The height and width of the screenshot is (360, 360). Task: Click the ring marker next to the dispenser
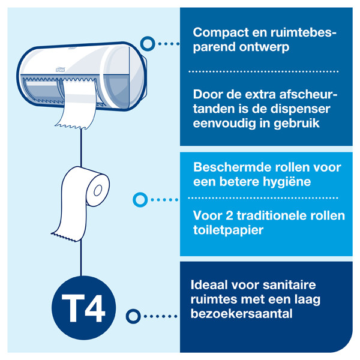coord(145,43)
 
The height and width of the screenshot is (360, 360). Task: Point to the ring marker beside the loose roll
coord(139,199)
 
